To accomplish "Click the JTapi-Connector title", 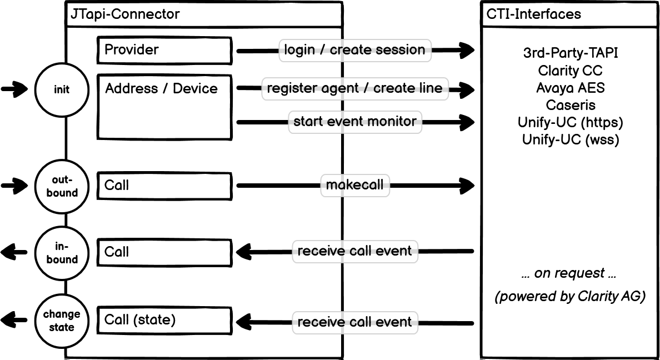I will pos(124,14).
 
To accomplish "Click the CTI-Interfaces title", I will pos(533,14).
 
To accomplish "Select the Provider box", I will pos(164,51).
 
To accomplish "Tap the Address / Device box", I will pos(164,107).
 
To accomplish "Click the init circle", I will pos(62,90).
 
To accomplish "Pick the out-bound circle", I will pos(62,186).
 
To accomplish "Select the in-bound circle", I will pos(62,253).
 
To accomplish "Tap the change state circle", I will pos(62,321).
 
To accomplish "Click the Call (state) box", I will pos(164,321).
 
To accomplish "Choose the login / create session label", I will pos(354,50).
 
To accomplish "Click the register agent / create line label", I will pos(354,88).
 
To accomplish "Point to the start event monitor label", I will pos(354,121).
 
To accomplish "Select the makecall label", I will pos(354,185).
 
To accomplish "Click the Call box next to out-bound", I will pos(164,186).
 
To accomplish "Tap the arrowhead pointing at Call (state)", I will pos(243,321).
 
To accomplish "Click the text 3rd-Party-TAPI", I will pos(570,53).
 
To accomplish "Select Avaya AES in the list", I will pos(570,88).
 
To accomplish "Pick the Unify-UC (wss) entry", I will pos(570,139).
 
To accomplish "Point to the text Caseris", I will pos(570,105).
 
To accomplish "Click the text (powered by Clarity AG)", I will pos(570,297).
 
